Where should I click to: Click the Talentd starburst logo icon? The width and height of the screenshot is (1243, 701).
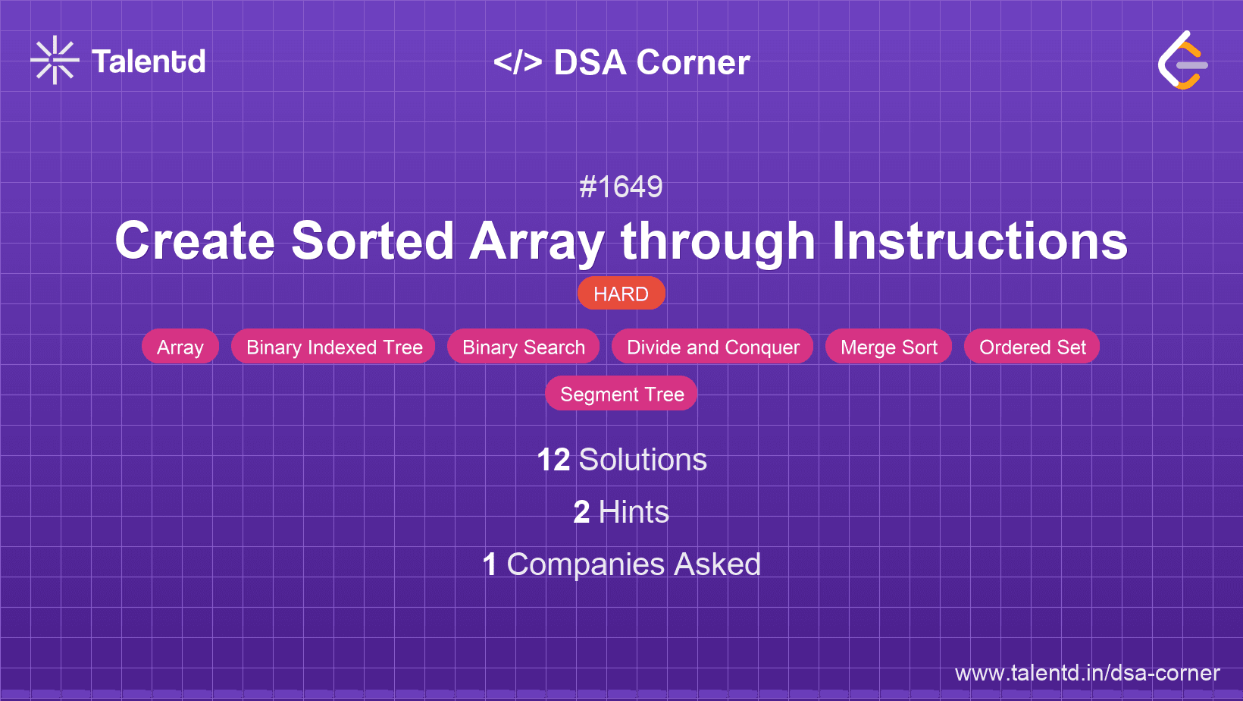pos(55,60)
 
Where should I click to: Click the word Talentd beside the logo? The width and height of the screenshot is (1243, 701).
pos(149,61)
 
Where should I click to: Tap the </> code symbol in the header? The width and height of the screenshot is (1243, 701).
pos(518,62)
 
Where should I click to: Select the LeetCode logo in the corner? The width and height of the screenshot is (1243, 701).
pos(1183,60)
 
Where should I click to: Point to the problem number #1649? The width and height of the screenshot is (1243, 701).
pos(621,187)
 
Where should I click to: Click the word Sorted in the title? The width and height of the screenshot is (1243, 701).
pos(372,241)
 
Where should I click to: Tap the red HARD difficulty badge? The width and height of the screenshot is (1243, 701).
pos(621,294)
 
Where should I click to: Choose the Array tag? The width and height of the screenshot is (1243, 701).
pos(180,347)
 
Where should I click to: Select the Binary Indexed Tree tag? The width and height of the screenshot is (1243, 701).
pos(334,347)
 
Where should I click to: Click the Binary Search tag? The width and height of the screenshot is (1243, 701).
pos(524,347)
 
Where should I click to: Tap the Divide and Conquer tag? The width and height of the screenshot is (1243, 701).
pos(712,347)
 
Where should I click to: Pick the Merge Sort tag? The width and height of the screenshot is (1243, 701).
pos(888,347)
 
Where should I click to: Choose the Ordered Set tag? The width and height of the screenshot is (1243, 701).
pos(1032,347)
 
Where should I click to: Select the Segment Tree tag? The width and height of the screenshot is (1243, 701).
pos(621,394)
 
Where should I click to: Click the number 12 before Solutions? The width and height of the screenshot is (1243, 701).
pos(553,460)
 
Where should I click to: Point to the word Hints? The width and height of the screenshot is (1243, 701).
pos(634,512)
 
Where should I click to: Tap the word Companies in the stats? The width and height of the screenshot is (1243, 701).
pos(586,564)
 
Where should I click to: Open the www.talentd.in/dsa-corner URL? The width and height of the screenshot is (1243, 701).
pos(1087,673)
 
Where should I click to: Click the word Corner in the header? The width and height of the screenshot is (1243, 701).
pos(694,62)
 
